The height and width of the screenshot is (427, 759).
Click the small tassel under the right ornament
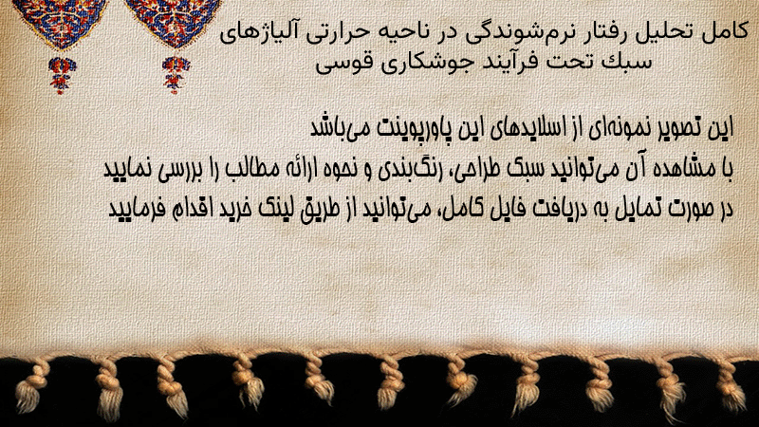(x=176, y=75)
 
